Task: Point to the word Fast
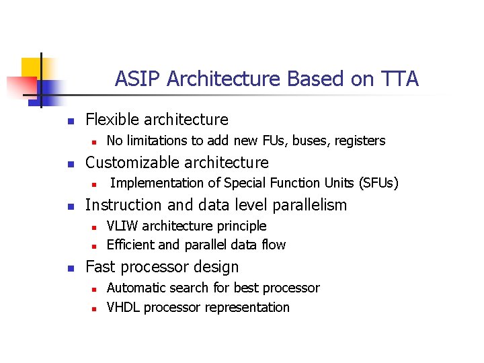click(x=100, y=267)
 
